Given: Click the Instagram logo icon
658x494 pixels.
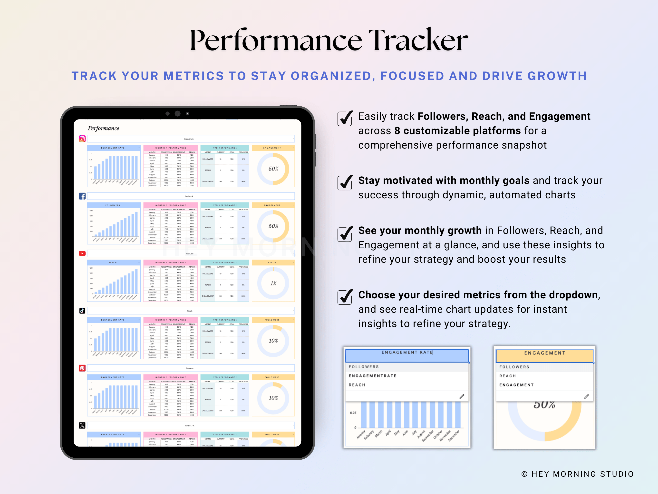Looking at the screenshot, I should (x=82, y=139).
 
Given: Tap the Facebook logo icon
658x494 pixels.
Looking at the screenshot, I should (x=82, y=196).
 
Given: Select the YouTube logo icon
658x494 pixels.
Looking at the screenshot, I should (x=82, y=253).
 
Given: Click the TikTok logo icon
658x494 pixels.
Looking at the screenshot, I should (x=82, y=311).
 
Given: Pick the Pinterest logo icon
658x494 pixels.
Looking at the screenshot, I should (x=82, y=368).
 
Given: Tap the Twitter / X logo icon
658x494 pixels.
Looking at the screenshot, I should (x=82, y=425).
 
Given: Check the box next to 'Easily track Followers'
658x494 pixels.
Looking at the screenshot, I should (x=345, y=118).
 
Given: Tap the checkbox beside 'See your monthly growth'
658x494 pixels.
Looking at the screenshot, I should (x=345, y=234).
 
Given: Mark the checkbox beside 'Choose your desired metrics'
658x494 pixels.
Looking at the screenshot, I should (x=345, y=297).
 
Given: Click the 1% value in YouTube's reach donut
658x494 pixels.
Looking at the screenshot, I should (x=273, y=283).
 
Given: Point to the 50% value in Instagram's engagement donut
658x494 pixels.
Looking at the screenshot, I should (x=273, y=169).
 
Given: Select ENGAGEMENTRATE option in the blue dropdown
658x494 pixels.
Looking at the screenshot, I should (x=372, y=376).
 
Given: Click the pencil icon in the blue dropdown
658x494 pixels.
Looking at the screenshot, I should (x=462, y=396).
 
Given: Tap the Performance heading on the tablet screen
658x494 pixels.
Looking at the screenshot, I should (x=103, y=128).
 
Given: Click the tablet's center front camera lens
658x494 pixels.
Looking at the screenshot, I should (x=178, y=113).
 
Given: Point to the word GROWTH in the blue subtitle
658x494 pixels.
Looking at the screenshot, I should (x=557, y=76).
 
